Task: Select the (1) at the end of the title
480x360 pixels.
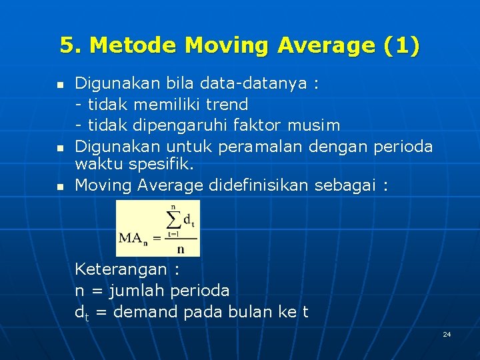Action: point(402,46)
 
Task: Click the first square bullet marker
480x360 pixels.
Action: point(60,86)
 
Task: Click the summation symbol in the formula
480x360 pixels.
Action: point(173,219)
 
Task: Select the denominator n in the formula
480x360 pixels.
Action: point(180,249)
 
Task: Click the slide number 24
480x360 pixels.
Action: point(447,333)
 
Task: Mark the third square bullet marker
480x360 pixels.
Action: point(60,187)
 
